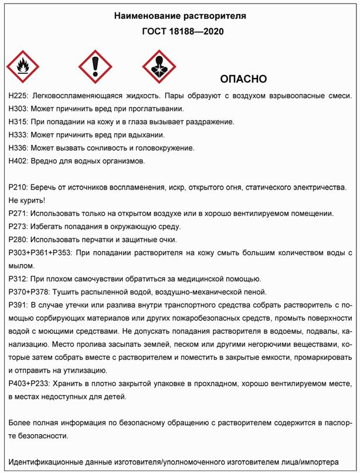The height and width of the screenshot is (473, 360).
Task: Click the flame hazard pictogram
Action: click(23, 66)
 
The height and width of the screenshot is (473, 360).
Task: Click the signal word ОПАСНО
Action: click(243, 79)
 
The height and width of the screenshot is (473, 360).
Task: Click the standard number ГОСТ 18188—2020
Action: click(180, 31)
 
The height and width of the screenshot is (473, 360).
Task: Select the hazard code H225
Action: click(19, 96)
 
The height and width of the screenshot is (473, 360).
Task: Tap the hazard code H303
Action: click(19, 109)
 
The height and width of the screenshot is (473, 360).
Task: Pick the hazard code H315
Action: click(19, 121)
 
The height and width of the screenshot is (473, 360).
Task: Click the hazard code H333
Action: click(19, 134)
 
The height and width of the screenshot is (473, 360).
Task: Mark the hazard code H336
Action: click(19, 147)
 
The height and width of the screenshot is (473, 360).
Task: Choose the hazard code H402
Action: click(19, 160)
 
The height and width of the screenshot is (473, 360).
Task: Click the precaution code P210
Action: click(19, 187)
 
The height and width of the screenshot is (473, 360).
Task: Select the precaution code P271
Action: click(19, 213)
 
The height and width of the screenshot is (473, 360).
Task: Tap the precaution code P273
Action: click(19, 226)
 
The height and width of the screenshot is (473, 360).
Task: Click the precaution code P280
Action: click(19, 239)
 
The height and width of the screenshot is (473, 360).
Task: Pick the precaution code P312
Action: click(19, 278)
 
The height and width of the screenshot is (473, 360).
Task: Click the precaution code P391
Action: click(19, 305)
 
